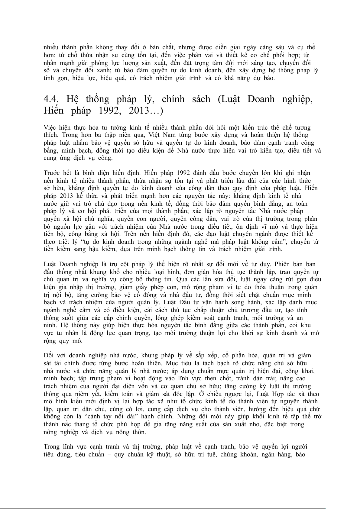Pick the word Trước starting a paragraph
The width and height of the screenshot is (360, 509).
52,173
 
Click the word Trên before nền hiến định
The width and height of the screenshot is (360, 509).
148,234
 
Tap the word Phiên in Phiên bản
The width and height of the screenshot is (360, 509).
282,264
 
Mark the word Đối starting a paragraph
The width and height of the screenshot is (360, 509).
49,356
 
